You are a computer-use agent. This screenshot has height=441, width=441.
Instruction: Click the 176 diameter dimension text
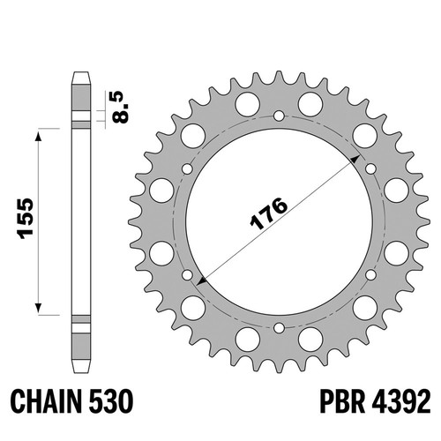click(268, 213)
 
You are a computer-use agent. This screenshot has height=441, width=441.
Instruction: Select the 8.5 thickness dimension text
click(121, 107)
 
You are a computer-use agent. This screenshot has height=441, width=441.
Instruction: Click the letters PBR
click(342, 400)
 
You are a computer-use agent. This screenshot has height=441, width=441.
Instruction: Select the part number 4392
click(401, 400)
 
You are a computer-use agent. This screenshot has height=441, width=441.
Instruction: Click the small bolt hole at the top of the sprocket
click(279, 116)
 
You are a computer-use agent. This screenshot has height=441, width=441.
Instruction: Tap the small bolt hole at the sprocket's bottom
click(279, 328)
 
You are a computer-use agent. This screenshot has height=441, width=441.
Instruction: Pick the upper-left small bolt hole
click(187, 168)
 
